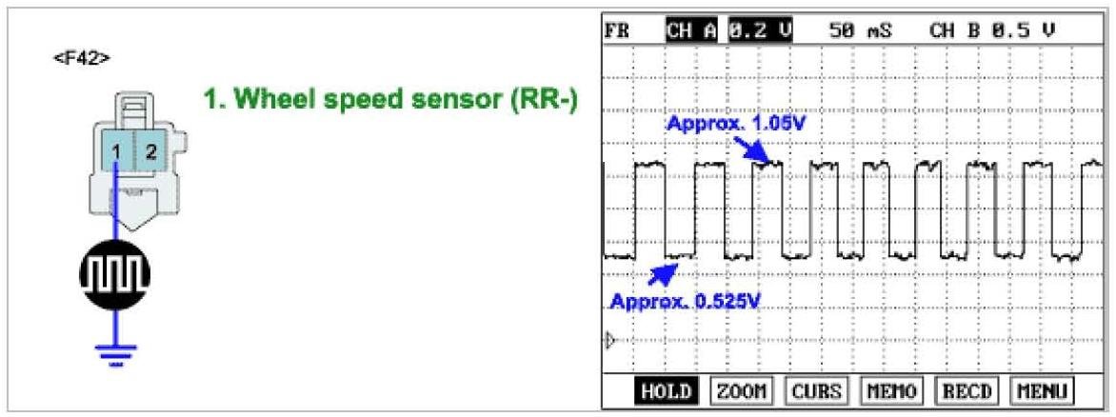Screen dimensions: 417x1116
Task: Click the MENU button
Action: [x=1042, y=391]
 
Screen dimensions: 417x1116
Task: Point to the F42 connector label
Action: [x=82, y=58]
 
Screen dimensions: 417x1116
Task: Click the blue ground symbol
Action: [x=114, y=353]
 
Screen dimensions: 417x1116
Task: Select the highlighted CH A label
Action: [x=692, y=30]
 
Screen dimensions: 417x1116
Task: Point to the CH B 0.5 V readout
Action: [x=992, y=30]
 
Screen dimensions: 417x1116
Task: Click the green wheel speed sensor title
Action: [x=391, y=100]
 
